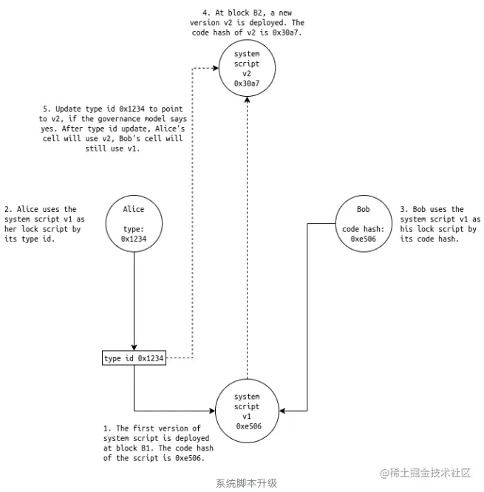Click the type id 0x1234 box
pos(134,358)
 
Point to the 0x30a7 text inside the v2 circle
pos(247,83)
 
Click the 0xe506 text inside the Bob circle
pos(363,239)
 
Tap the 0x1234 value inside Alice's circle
pos(134,239)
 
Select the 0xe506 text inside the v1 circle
pos(248,426)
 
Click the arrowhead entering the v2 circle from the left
pos(216,68)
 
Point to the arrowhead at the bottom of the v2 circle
pos(247,100)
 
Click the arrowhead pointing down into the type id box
pos(134,348)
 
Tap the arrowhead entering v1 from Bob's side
pos(282,411)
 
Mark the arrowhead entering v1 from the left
pos(212,411)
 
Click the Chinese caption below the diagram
pos(246,483)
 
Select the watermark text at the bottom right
pos(426,473)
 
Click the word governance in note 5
pos(121,119)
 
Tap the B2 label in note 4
pos(257,13)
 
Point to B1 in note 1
pos(146,448)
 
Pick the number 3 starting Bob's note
pos(403,209)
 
